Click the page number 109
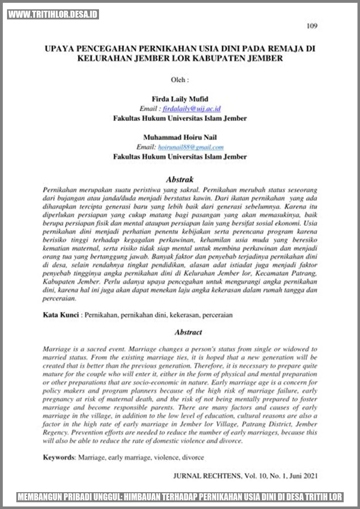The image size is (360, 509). coord(312,26)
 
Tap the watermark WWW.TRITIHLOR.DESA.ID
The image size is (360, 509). coord(53,15)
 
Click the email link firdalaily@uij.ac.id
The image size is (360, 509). coord(192,109)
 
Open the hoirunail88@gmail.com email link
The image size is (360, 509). coord(191,147)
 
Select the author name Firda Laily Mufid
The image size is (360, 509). coord(180,99)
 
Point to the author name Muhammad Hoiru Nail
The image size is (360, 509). coord(180,137)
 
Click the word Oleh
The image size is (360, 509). coord(178,80)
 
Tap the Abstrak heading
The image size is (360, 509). coord(180,180)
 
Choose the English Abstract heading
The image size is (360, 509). coord(188,332)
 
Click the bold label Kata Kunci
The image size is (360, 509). coord(61,315)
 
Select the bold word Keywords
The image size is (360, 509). coord(59,457)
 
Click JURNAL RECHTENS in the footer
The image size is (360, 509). coord(207,476)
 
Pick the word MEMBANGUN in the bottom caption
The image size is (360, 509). coord(40,497)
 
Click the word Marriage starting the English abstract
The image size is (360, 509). coord(57,349)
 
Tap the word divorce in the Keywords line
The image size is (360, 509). coord(193,457)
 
